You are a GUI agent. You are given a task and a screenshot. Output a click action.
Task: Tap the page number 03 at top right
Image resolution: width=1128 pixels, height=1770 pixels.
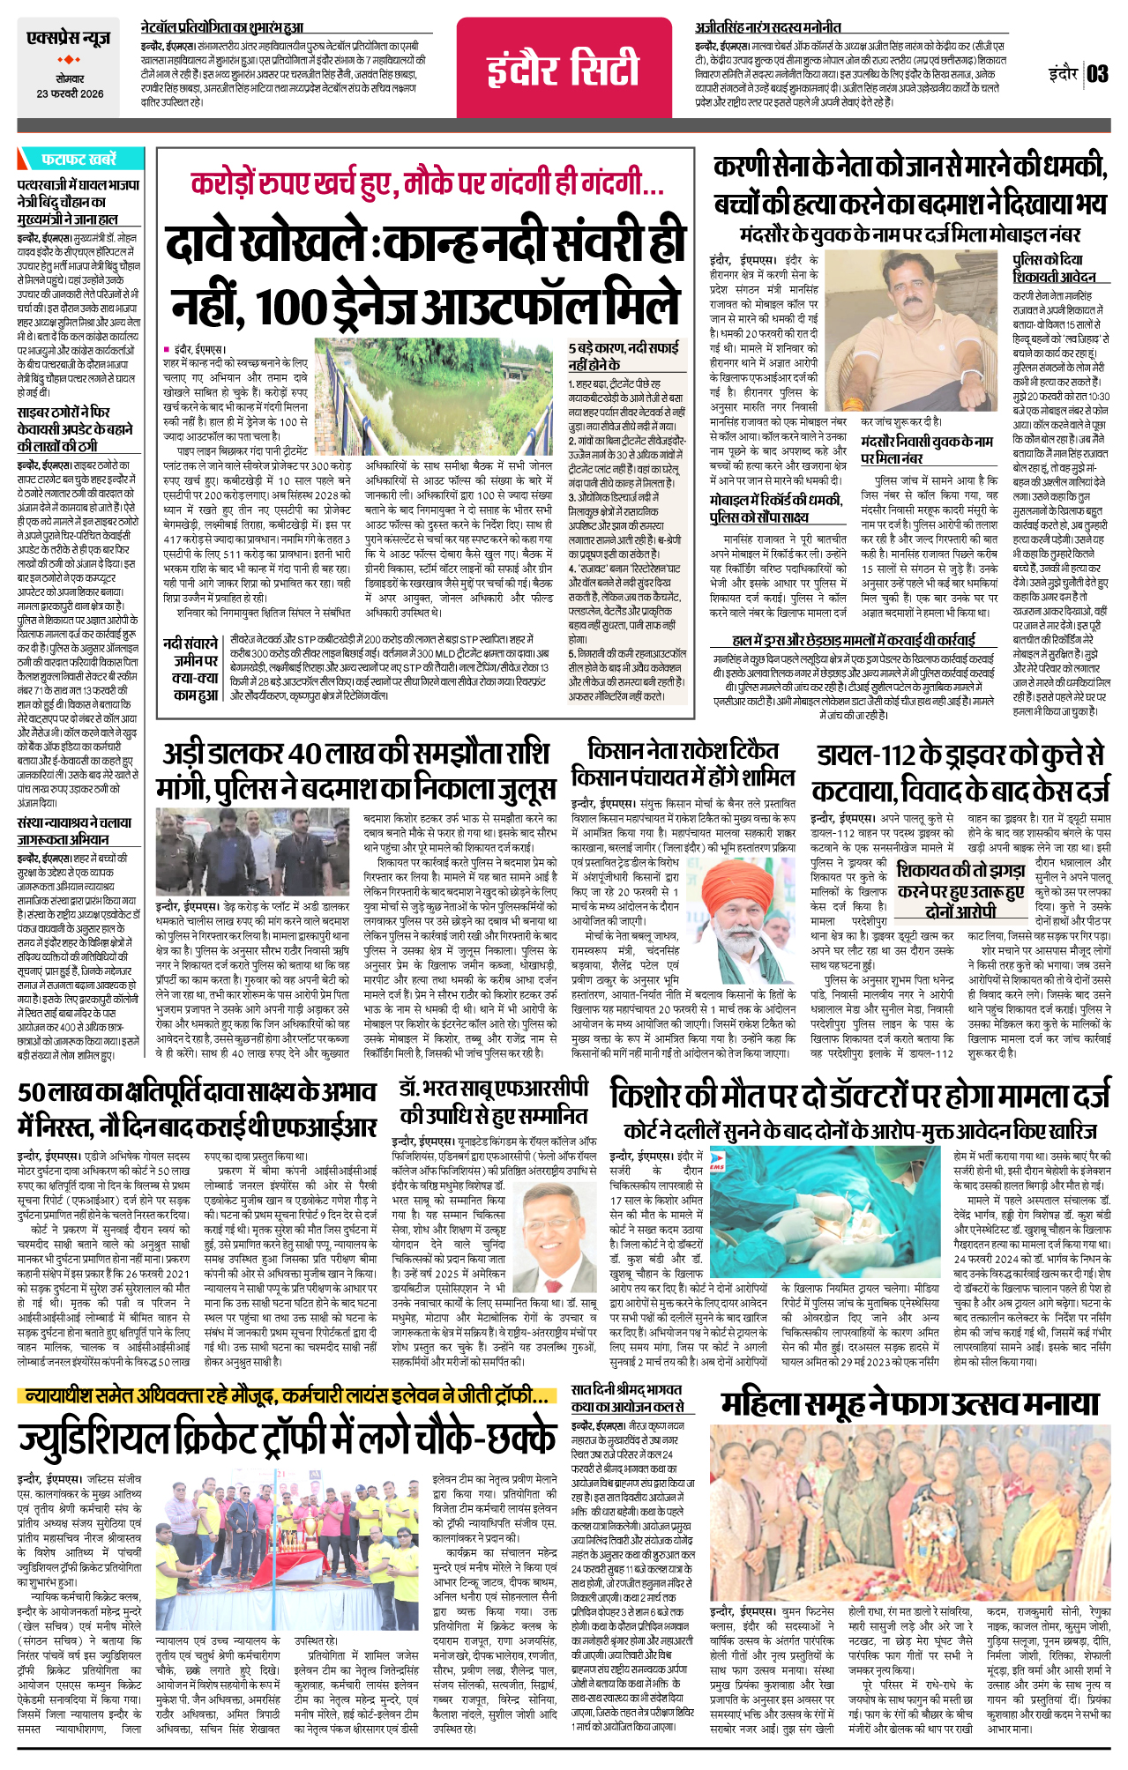1096,73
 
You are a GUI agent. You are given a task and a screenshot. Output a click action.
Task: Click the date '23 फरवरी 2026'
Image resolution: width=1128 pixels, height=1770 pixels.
70,93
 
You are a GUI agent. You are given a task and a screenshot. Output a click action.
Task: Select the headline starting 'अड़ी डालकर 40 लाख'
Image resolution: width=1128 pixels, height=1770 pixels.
355,770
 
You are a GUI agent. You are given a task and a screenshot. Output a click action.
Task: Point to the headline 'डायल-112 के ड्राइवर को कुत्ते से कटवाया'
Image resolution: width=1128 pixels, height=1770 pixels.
960,770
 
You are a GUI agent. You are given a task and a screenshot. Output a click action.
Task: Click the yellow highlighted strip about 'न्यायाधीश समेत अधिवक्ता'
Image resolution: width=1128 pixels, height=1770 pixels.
287,1396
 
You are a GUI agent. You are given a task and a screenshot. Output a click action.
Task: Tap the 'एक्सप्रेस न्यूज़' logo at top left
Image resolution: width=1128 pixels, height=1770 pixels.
69,40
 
